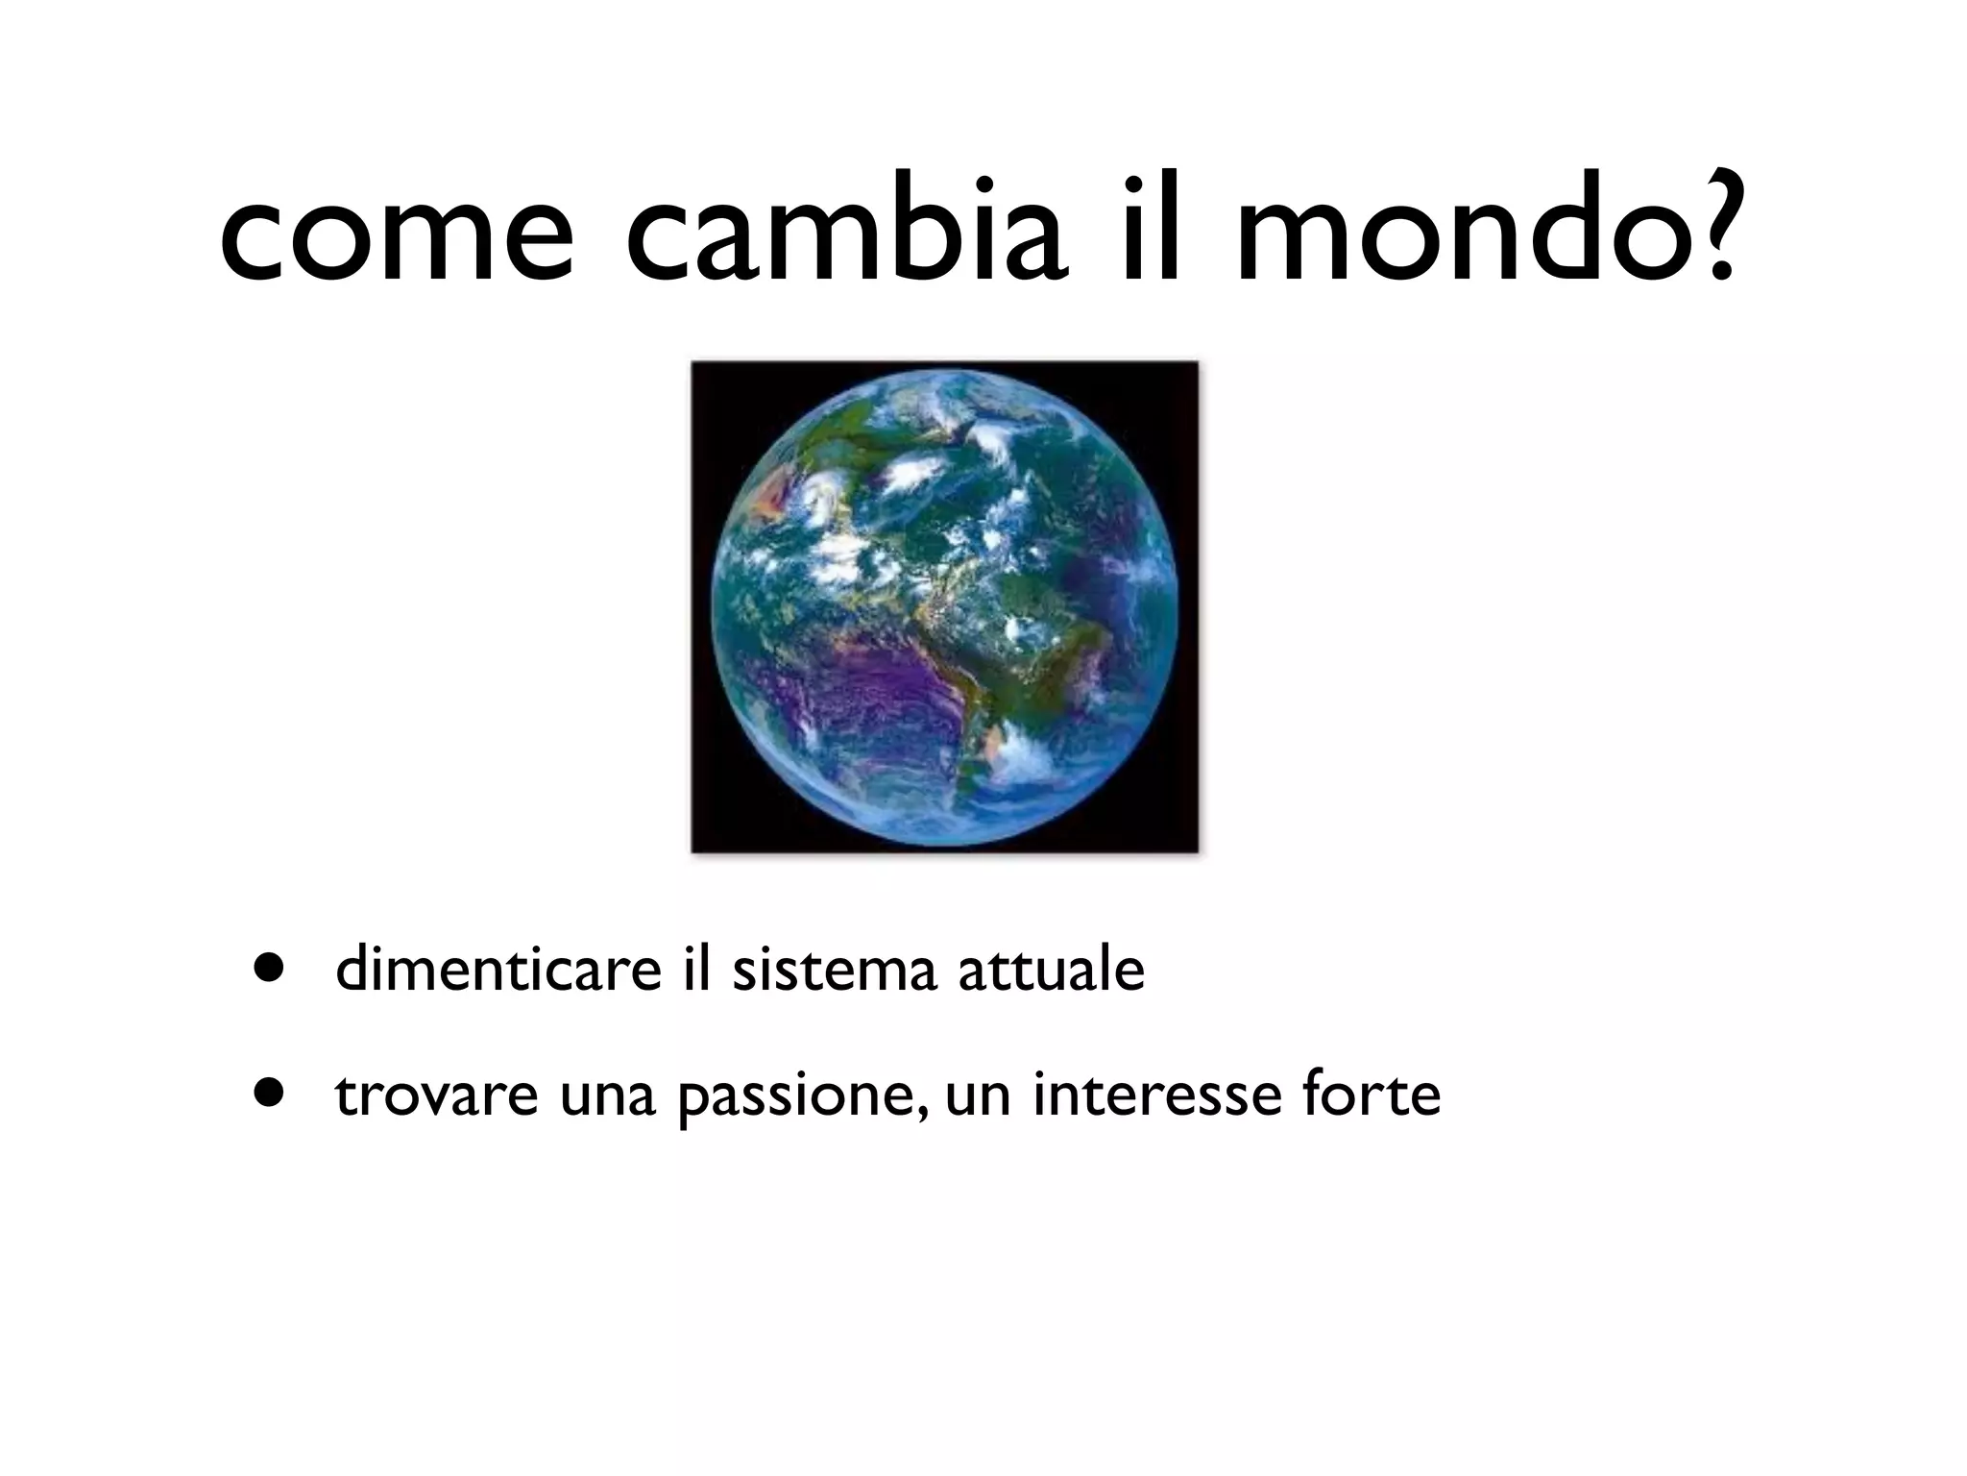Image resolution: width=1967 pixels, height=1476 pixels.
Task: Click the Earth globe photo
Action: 945,606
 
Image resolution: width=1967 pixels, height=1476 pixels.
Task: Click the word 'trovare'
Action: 436,1095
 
